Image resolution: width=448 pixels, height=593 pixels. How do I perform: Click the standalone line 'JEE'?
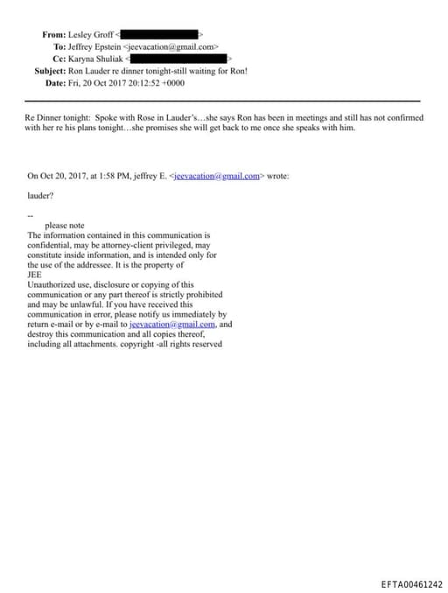coord(36,275)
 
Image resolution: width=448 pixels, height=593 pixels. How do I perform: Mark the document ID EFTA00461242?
coord(411,584)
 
